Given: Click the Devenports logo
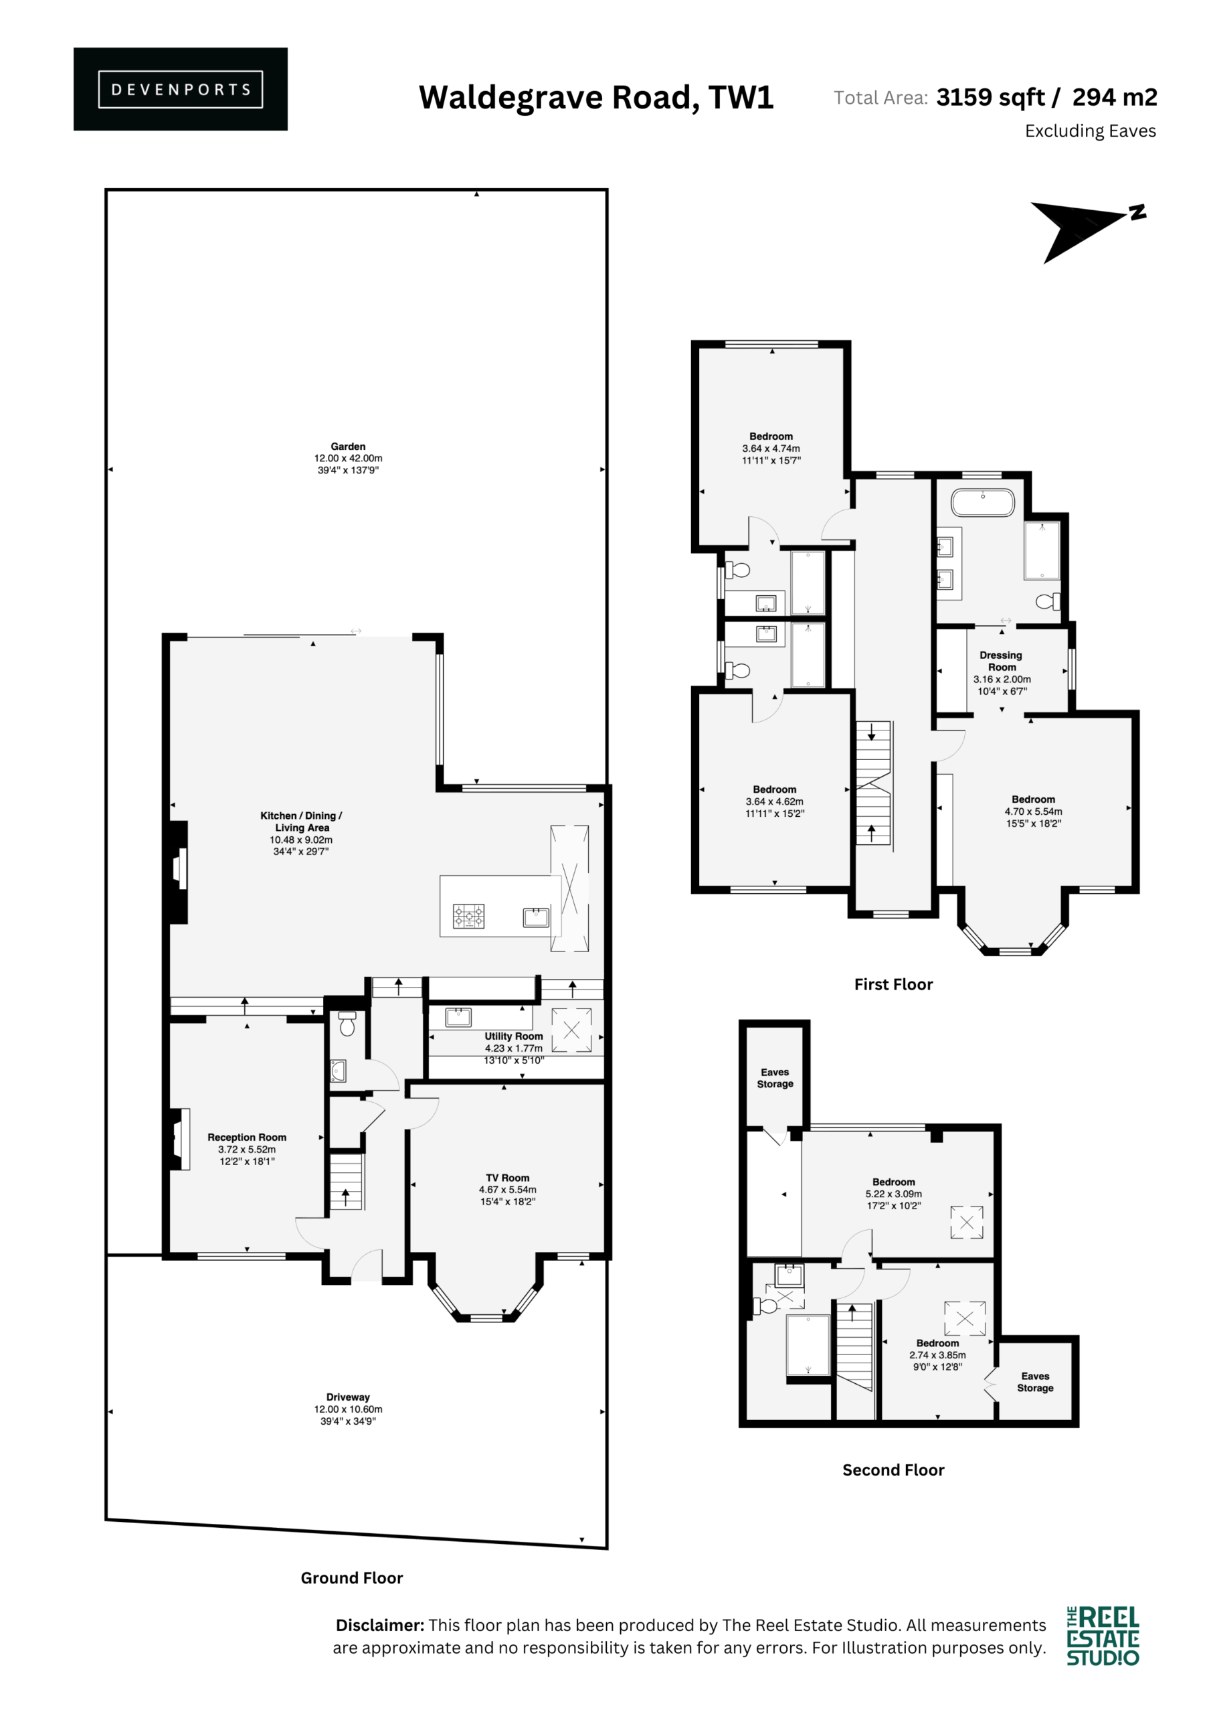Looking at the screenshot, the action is tap(180, 89).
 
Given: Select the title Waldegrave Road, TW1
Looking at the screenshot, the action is tap(595, 97).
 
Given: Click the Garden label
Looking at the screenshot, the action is tap(348, 447).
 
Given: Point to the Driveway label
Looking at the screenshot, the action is tap(348, 1397).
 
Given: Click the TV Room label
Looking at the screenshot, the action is tap(507, 1178).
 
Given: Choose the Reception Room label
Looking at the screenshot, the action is tap(247, 1138).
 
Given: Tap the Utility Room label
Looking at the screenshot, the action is tap(513, 1036).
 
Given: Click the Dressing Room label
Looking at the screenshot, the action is tap(1002, 661).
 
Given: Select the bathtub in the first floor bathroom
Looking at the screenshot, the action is tap(983, 503).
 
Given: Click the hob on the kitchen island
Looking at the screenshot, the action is tap(468, 915).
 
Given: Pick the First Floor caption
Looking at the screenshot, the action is tap(893, 985).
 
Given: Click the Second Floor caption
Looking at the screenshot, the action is tap(893, 1470).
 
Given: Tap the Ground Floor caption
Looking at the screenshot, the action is tap(351, 1577).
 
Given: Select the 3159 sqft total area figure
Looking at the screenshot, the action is tap(990, 97).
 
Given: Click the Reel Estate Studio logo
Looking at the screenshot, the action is tap(1103, 1635).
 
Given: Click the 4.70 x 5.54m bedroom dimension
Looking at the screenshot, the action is tap(1032, 811).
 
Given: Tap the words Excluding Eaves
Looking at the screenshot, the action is tap(1090, 131).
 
